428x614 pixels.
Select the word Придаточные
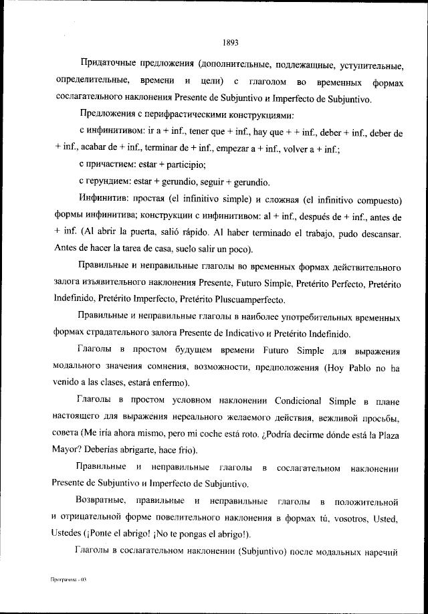point(108,65)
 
